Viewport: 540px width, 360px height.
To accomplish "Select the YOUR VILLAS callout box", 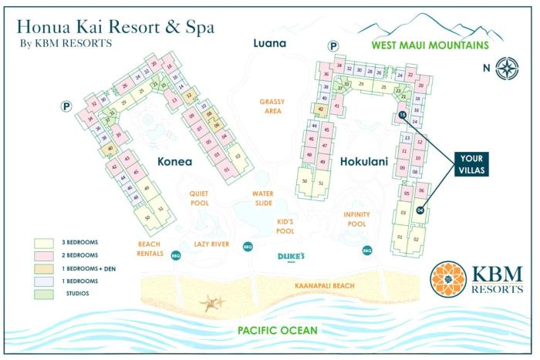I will [x=472, y=163].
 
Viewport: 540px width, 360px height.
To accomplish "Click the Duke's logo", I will [x=292, y=257].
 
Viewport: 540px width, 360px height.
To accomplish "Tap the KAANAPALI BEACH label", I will [x=324, y=286].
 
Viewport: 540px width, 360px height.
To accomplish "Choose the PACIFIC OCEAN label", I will [x=277, y=331].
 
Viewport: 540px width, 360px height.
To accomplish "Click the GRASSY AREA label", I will [x=272, y=106].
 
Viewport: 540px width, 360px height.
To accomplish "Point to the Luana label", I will [x=270, y=43].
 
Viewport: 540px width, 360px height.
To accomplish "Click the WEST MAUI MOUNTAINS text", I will [x=430, y=45].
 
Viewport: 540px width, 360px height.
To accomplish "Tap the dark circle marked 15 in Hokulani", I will [x=402, y=116].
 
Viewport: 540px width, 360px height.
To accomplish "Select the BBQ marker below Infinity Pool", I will [x=367, y=250].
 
